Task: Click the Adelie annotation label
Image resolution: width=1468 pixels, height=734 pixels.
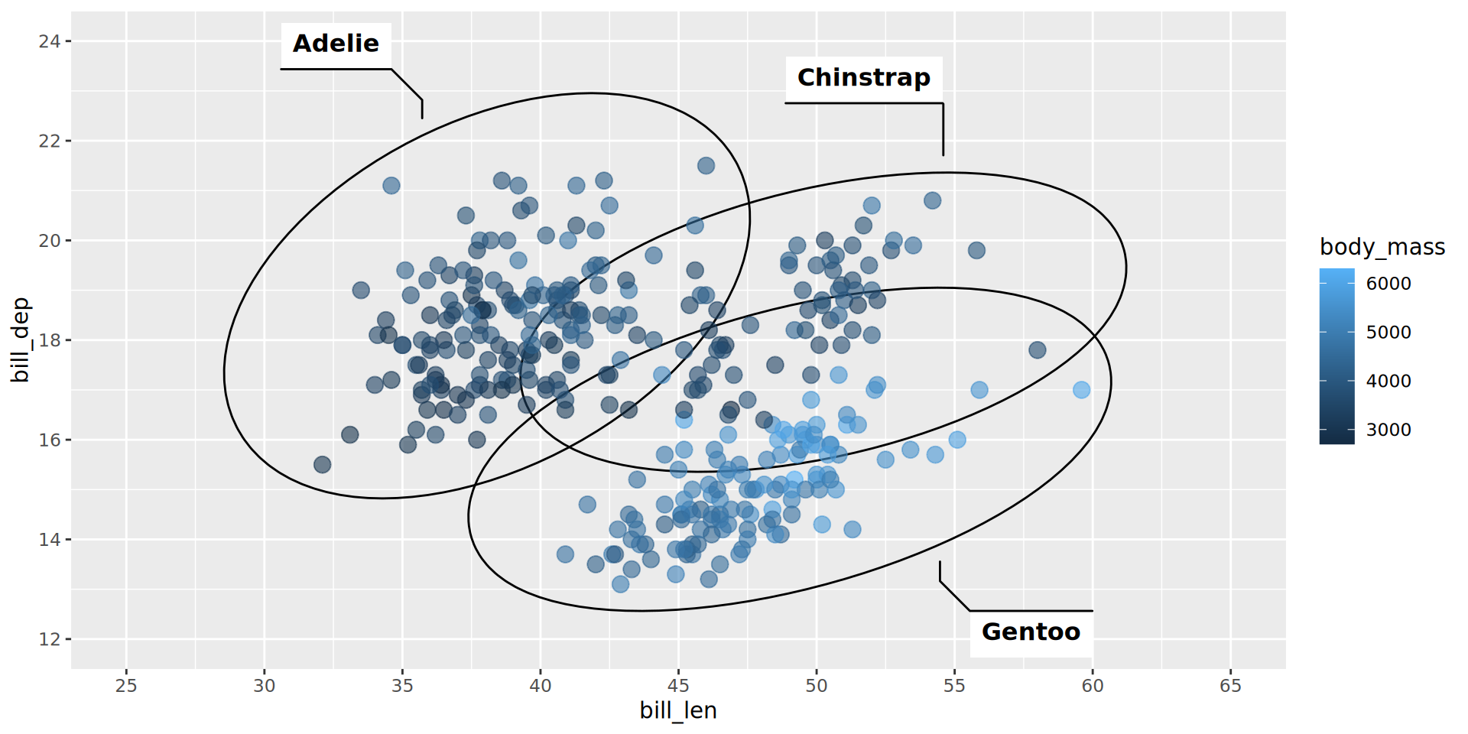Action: [x=336, y=44]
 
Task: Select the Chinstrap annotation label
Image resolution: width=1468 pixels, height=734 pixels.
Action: [x=863, y=78]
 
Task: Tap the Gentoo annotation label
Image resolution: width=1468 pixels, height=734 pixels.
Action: [x=1031, y=632]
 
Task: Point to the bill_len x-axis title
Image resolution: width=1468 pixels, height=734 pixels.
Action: [x=678, y=711]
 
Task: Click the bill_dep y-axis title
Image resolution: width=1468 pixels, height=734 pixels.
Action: [x=21, y=340]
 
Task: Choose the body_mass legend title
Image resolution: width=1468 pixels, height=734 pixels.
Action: [x=1382, y=247]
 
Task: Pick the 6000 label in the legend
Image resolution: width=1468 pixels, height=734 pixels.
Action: [x=1388, y=284]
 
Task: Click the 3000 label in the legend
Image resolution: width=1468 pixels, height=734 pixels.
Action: [x=1388, y=430]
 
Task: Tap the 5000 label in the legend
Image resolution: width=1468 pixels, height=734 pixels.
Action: [x=1388, y=333]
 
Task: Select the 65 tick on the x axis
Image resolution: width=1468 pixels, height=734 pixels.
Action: [x=1230, y=686]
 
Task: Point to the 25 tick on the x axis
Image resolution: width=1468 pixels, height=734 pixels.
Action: [x=126, y=686]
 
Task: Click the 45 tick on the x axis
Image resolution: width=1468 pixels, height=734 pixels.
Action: [x=678, y=686]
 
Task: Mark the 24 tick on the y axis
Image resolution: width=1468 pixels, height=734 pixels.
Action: [x=50, y=41]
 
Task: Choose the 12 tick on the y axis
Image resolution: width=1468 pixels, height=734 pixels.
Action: [x=50, y=639]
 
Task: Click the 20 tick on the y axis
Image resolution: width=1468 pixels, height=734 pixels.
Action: [x=50, y=241]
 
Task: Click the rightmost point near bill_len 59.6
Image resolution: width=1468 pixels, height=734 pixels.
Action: [x=1081, y=390]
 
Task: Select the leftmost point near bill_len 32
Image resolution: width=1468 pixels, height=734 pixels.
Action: [x=323, y=465]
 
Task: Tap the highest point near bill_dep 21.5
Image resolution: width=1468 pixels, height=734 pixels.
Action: [x=706, y=166]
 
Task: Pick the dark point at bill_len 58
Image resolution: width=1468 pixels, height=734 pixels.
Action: [x=1037, y=350]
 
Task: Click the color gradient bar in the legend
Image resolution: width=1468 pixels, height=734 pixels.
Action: [x=1336, y=356]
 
